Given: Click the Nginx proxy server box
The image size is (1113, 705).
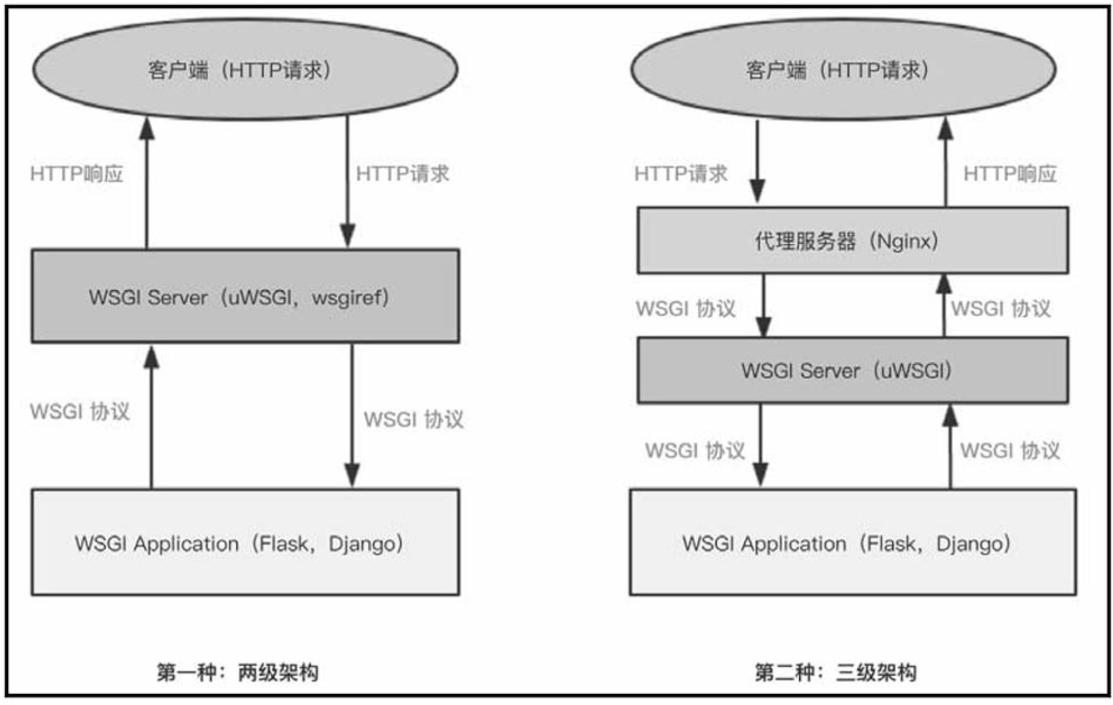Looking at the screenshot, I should (852, 241).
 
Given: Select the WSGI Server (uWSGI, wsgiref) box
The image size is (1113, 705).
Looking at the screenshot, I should (245, 297).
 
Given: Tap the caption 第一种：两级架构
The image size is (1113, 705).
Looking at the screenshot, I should (237, 672).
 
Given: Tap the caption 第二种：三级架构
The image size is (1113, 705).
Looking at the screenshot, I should (835, 672).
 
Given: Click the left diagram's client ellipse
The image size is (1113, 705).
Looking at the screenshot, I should (245, 70).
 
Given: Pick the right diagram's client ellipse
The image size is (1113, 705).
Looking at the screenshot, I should (843, 70).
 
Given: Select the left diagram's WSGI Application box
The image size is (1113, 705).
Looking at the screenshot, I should (245, 542).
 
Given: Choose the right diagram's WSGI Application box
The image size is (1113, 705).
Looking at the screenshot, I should (852, 542).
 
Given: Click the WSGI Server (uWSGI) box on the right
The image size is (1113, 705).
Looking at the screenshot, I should (852, 371).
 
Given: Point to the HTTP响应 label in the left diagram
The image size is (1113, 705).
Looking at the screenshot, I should (77, 174).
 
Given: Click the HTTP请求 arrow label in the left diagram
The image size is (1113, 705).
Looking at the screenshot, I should (403, 174).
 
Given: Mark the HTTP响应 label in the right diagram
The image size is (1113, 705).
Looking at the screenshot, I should (1010, 174).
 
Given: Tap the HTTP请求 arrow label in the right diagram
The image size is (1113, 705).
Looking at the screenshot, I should (681, 174).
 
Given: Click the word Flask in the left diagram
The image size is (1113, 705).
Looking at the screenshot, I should (283, 543).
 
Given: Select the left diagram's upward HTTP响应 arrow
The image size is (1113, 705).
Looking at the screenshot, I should (147, 184).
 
